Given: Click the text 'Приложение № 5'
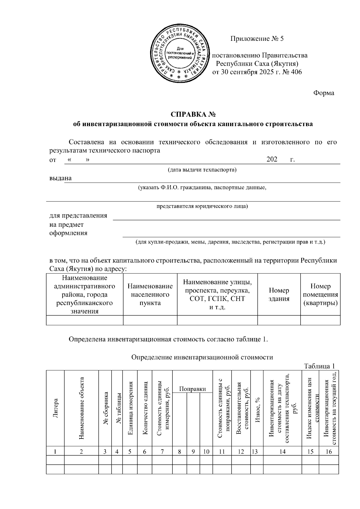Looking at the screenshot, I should coord(257,39).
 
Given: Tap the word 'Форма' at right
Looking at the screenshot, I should coord(324,93).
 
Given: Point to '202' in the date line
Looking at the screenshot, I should coord(272,159).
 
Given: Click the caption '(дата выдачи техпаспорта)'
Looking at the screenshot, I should coord(202,170).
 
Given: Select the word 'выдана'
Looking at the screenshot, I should coord(60,178).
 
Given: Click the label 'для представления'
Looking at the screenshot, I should coord(78,216).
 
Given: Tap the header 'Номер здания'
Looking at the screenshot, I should coord(279,295).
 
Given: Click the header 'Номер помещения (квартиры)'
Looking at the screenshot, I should coord(320,295).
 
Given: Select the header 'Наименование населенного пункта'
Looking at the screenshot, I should coord(150,295).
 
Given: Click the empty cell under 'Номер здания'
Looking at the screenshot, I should coord(279,320).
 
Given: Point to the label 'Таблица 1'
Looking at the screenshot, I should coord(319,366).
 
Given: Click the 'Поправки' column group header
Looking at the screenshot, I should coord(192,389).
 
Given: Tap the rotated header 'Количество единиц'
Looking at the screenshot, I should coord(145,408).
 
